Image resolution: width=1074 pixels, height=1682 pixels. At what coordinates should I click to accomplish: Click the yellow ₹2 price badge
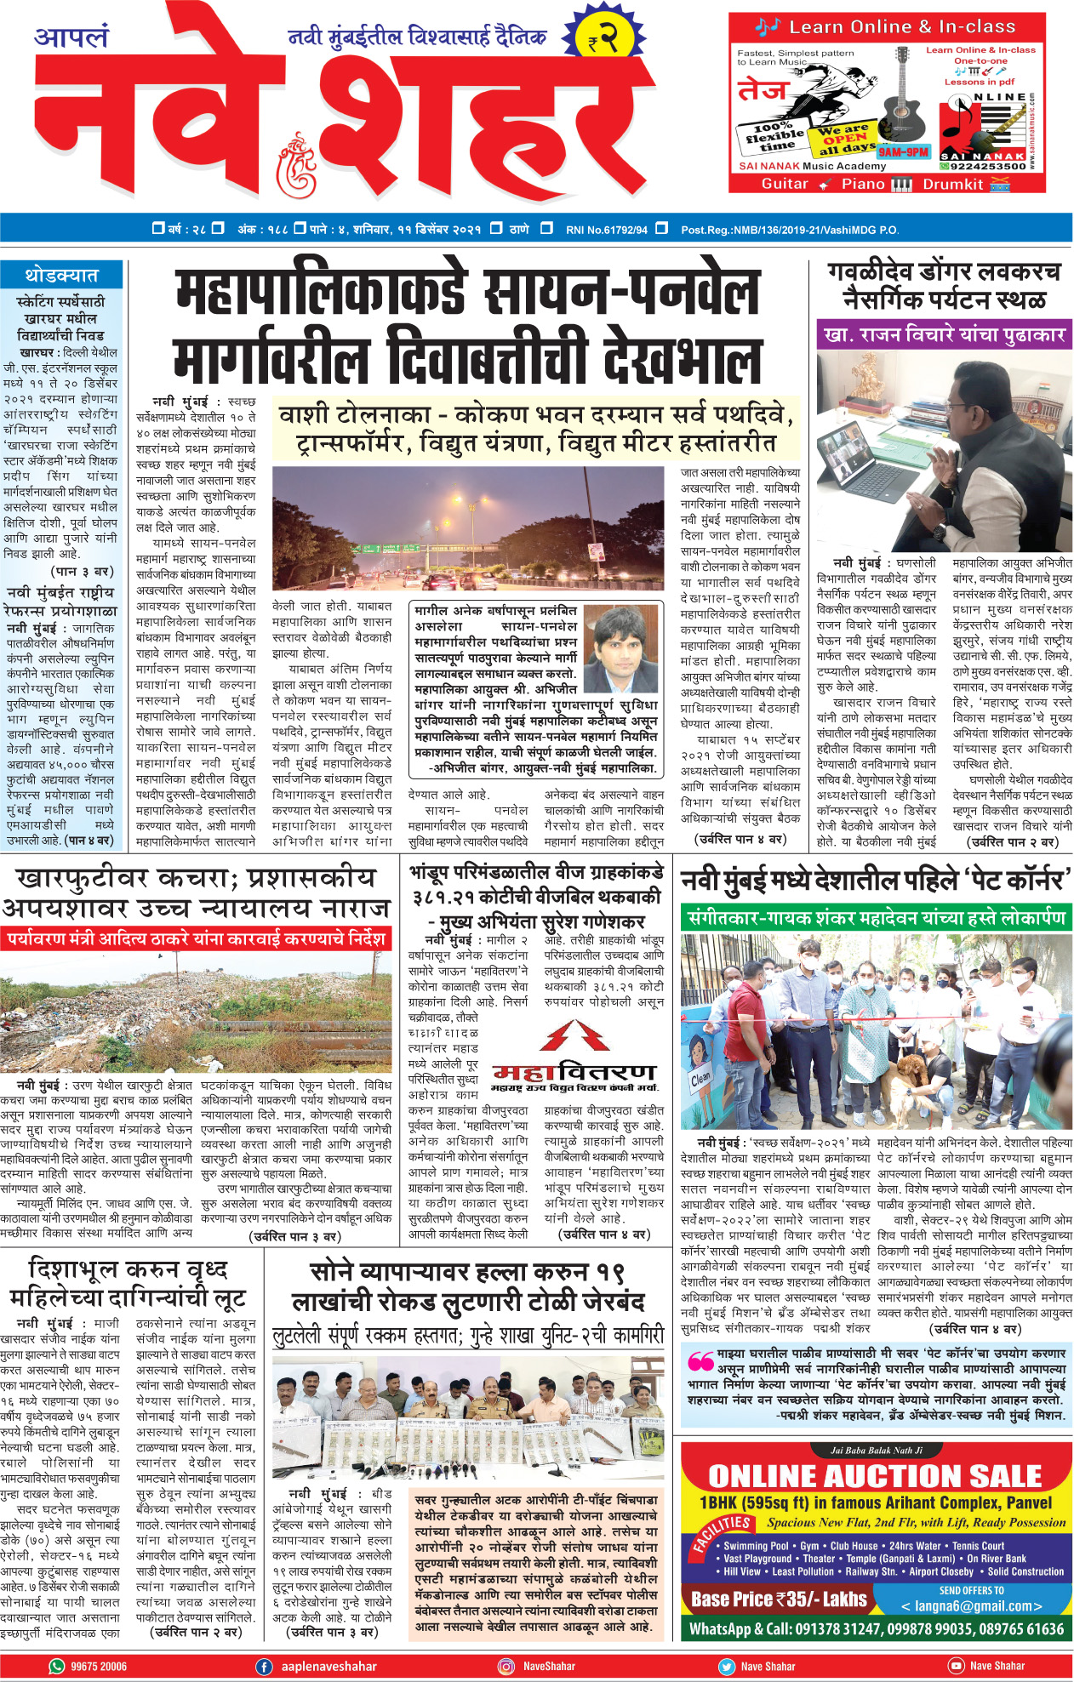(x=602, y=38)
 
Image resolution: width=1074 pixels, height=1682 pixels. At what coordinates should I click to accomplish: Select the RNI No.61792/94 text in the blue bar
(x=606, y=229)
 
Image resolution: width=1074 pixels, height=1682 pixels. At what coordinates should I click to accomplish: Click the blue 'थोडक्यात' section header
(x=61, y=276)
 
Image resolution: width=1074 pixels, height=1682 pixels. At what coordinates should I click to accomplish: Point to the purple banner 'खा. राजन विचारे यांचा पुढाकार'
(x=944, y=334)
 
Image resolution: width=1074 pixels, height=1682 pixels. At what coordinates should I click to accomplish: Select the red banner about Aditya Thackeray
(x=197, y=939)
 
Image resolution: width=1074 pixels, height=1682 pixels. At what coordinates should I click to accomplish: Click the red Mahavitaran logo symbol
(x=575, y=1035)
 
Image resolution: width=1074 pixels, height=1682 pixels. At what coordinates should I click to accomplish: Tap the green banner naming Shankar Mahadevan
(x=876, y=918)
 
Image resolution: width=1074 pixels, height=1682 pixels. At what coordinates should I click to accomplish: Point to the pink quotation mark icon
(x=700, y=1360)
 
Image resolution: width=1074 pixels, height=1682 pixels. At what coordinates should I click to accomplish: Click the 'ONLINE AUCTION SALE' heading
(x=875, y=1476)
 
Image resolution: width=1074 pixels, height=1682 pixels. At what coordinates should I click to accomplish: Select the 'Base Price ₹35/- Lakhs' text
(x=779, y=1599)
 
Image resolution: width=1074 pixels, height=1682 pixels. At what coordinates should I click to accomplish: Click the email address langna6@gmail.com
(x=971, y=1606)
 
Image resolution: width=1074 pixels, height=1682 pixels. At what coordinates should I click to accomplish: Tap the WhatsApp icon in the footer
(x=57, y=1667)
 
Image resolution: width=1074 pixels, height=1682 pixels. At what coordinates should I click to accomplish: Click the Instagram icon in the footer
(x=506, y=1667)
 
